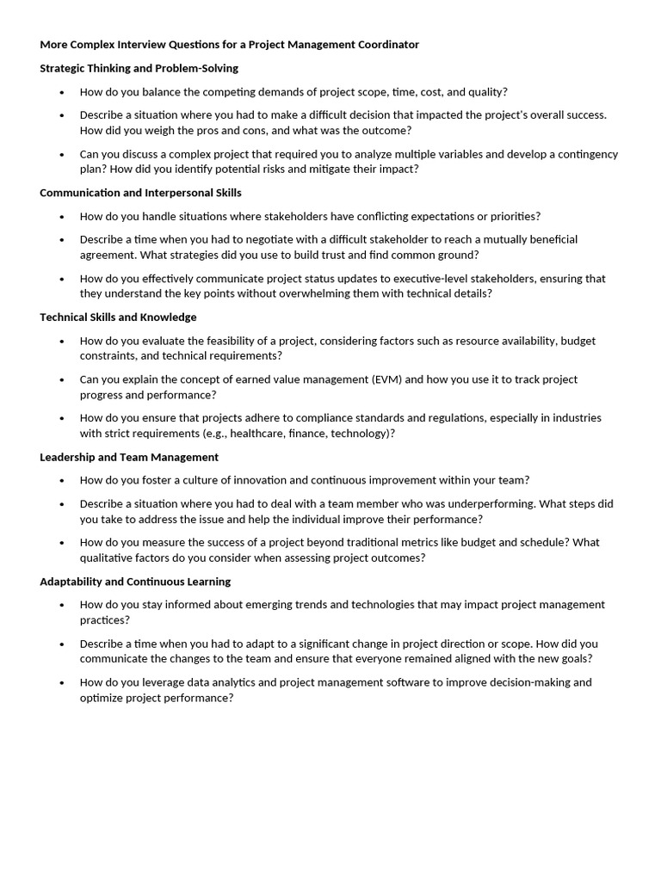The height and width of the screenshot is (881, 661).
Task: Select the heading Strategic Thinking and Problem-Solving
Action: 139,68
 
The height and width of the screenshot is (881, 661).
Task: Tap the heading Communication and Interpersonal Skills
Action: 140,193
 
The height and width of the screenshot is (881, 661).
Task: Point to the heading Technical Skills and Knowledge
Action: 118,317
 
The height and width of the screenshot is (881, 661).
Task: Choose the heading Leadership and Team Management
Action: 129,457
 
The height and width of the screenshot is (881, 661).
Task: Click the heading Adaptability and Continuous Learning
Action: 135,582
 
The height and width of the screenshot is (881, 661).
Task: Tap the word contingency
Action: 587,155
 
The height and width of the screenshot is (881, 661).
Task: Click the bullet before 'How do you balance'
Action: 62,92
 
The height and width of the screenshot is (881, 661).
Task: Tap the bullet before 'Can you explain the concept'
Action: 62,379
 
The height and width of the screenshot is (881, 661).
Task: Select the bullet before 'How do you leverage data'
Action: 62,682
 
